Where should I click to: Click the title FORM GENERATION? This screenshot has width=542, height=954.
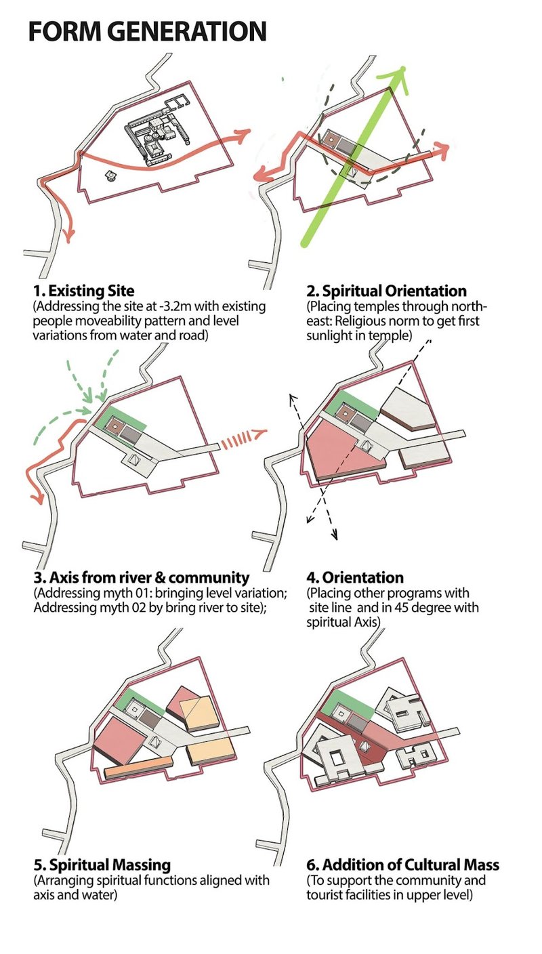click(x=147, y=31)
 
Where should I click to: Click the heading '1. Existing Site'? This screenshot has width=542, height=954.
click(x=84, y=291)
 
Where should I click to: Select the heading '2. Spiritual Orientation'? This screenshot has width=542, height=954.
click(x=386, y=291)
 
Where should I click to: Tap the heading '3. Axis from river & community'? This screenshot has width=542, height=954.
click(x=142, y=577)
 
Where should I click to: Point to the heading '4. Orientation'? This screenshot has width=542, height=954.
click(x=354, y=577)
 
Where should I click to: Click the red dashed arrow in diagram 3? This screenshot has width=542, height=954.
click(x=243, y=438)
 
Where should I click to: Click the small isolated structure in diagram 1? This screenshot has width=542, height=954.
click(x=110, y=175)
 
